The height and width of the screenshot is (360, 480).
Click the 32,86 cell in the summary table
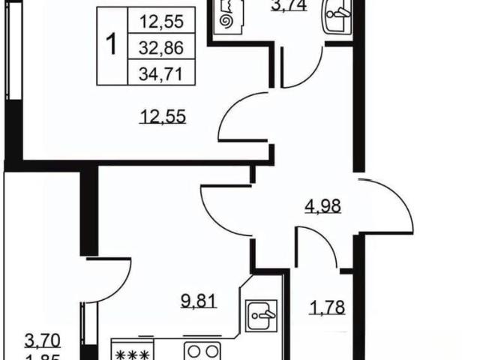coord(161,46)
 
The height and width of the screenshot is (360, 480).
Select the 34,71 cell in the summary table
coord(161,72)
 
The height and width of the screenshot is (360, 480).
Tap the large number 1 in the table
coord(112,45)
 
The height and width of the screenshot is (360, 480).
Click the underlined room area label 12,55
coord(163,117)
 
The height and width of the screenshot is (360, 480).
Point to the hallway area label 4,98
coord(322,206)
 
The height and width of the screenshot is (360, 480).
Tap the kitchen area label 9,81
coord(199,301)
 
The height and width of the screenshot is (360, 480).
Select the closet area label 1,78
coord(328,307)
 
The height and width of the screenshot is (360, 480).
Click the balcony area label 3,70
coord(43,341)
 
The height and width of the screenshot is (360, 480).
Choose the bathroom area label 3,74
coord(289,5)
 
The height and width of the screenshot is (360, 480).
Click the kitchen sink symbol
coord(262,316)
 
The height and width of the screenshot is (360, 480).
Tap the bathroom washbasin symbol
coord(337,15)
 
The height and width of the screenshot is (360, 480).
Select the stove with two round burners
coord(202,351)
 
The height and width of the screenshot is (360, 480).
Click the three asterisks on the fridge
coord(133,355)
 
